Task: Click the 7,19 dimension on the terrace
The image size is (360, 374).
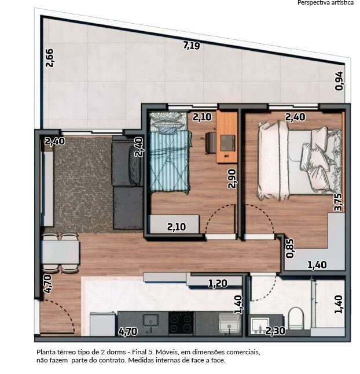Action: (x=192, y=45)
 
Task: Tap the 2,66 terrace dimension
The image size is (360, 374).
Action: (x=50, y=58)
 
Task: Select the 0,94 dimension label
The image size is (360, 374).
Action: (x=339, y=81)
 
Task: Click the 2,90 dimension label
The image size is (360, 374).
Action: (x=232, y=179)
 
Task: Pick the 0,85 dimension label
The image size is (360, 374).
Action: (x=290, y=249)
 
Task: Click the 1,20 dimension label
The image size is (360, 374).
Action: (x=218, y=283)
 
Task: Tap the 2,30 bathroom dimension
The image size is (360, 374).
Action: (x=275, y=331)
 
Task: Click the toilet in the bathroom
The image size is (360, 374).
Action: (x=296, y=318)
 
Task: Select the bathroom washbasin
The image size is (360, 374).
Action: (x=260, y=325)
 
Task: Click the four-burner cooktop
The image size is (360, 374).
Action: (x=181, y=323)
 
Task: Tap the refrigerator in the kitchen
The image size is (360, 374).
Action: (x=102, y=324)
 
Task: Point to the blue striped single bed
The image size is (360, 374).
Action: (x=170, y=152)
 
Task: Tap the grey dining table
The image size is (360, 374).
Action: (x=60, y=252)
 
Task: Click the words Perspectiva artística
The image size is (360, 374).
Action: (x=325, y=3)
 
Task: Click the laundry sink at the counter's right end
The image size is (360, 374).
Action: (x=229, y=323)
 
